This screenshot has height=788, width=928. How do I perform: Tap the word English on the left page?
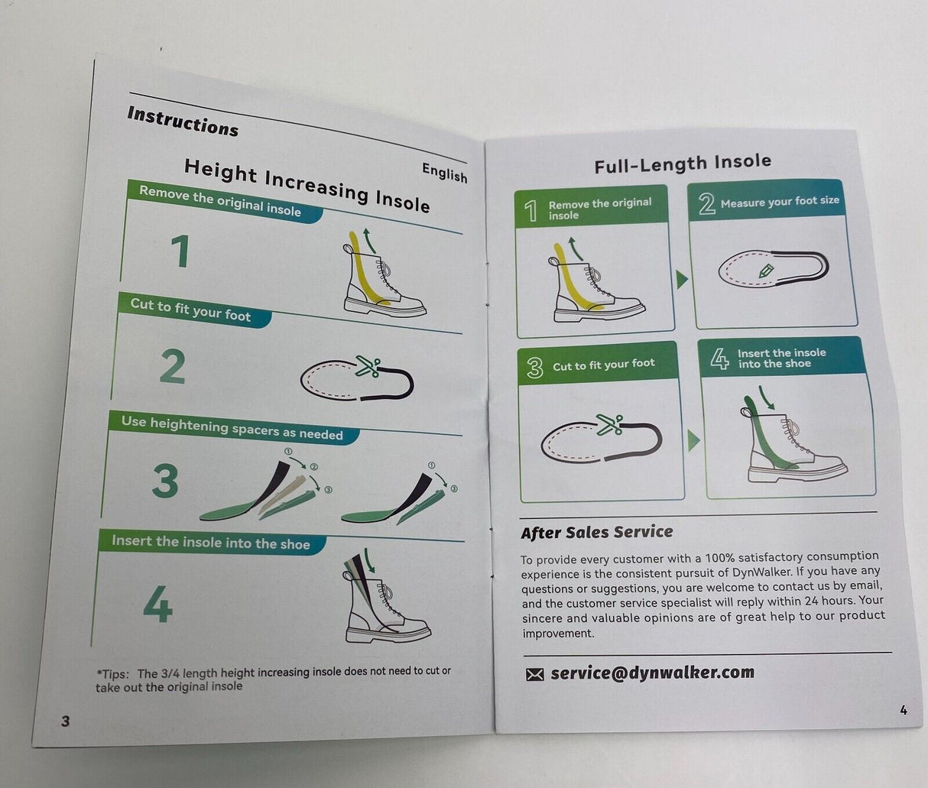click(444, 173)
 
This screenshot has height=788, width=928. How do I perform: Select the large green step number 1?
click(180, 251)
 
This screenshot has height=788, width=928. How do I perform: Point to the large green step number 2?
click(173, 367)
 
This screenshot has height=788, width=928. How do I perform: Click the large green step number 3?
click(165, 481)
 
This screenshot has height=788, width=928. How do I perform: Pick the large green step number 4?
click(157, 604)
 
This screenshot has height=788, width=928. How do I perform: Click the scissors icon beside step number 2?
click(368, 366)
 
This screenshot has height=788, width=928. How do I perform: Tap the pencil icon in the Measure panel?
click(766, 271)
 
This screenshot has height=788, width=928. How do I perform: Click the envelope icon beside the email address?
click(534, 674)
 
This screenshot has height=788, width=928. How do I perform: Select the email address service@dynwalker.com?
click(652, 673)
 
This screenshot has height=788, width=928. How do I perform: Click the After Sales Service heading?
click(597, 532)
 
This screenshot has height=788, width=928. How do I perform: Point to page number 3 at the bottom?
click(66, 721)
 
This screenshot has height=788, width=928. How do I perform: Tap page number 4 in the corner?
click(904, 710)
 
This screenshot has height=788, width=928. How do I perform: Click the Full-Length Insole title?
click(683, 164)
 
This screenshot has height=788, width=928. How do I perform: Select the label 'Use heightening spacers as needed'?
click(232, 428)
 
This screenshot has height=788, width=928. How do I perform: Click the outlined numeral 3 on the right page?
click(534, 368)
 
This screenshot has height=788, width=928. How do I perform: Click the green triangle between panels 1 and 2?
click(682, 280)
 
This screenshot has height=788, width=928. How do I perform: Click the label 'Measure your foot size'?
click(780, 202)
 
